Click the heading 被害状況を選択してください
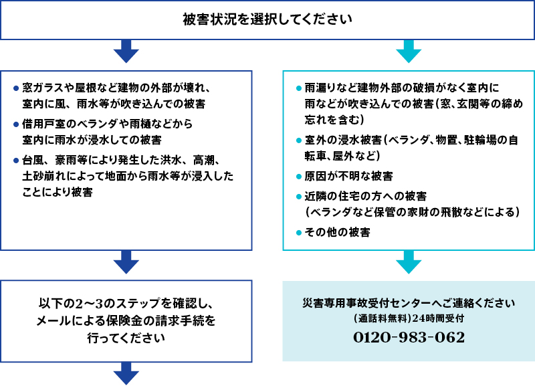tap(267, 19)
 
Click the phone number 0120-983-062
tap(409, 338)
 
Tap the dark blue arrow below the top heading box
tap(126, 52)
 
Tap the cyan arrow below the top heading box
tap(409, 52)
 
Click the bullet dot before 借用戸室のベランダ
tap(15, 125)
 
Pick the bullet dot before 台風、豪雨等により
tap(15, 161)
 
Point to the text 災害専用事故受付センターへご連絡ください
tap(409, 302)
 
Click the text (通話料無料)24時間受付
tap(409, 318)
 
